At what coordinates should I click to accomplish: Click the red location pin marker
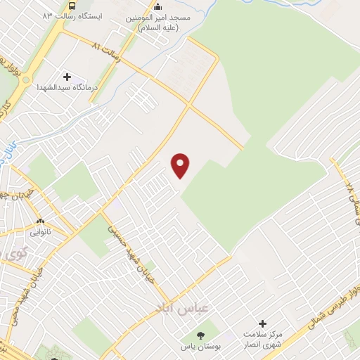181,165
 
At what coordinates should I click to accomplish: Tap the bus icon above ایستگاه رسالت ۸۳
82,4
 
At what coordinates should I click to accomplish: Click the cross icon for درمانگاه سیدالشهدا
67,76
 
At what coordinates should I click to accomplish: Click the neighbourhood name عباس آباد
176,307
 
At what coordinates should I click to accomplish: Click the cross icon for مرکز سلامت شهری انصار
262,324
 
